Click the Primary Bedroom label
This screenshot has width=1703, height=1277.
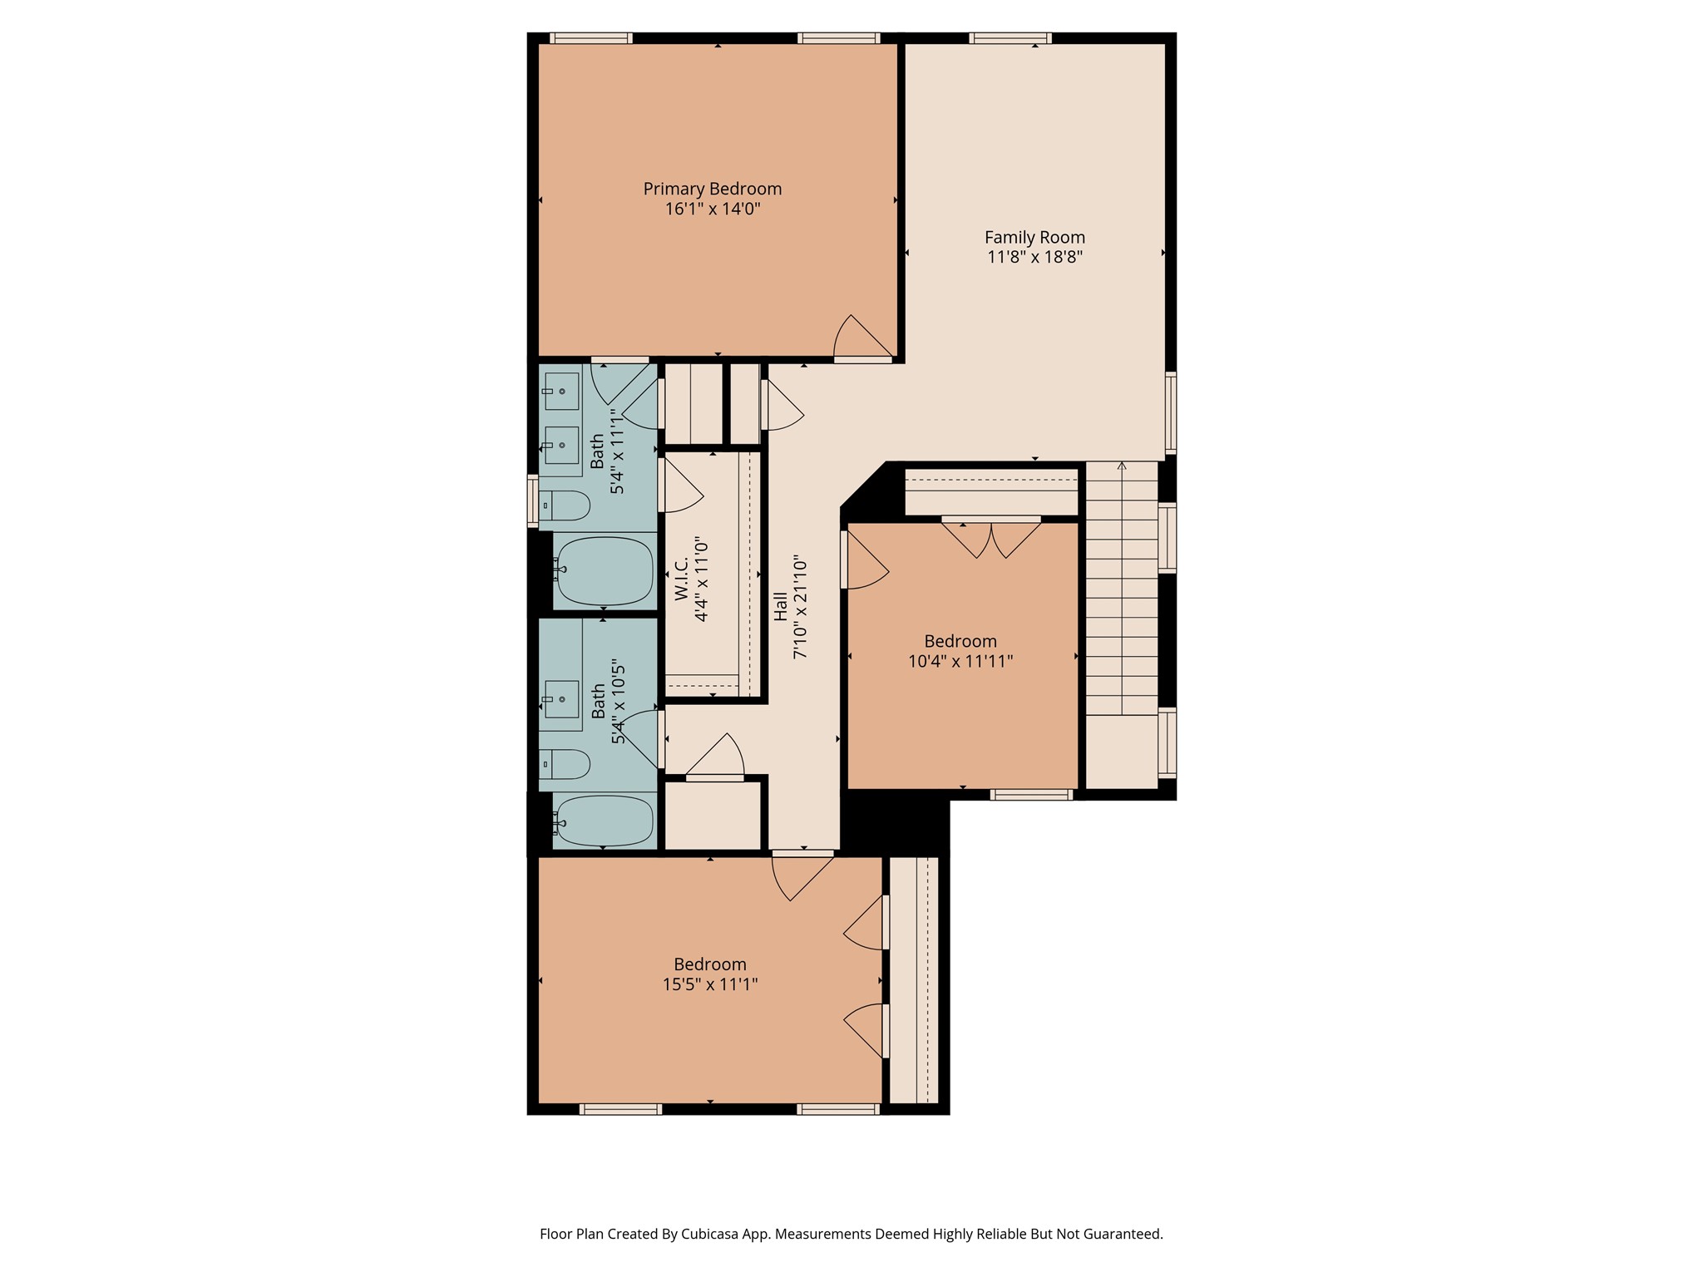tap(712, 189)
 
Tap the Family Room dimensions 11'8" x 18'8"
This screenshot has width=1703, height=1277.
tap(1034, 257)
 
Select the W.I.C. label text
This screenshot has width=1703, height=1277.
tap(681, 579)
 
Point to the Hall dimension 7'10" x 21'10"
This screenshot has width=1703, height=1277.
tap(801, 607)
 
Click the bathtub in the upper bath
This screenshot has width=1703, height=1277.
tap(604, 571)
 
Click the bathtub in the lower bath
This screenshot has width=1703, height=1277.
tap(604, 821)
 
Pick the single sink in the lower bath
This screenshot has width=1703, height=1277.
tap(561, 699)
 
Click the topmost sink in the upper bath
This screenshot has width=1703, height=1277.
tap(561, 391)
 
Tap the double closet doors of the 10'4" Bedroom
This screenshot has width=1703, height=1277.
tap(991, 538)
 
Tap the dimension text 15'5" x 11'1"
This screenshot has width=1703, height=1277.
tap(709, 984)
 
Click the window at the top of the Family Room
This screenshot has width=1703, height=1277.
tap(1009, 38)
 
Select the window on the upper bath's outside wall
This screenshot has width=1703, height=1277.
tap(533, 500)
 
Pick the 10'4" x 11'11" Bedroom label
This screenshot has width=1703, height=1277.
tap(960, 641)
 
